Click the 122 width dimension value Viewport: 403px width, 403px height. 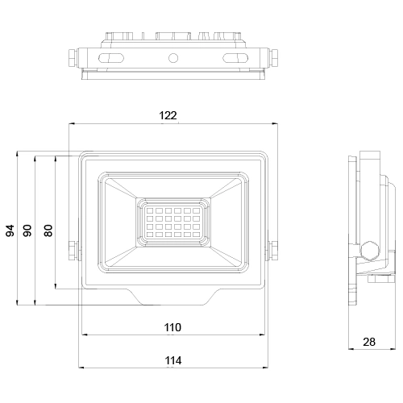tap(168, 116)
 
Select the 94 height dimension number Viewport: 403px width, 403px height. tap(10, 230)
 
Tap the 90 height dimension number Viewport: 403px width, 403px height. tap(29, 230)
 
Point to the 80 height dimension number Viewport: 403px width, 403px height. tap(48, 230)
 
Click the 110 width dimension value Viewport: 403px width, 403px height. tap(172, 328)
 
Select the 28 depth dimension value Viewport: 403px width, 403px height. tap(369, 342)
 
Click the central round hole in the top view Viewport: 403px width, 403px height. tap(172, 58)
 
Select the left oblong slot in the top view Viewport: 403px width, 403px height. tap(110, 58)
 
